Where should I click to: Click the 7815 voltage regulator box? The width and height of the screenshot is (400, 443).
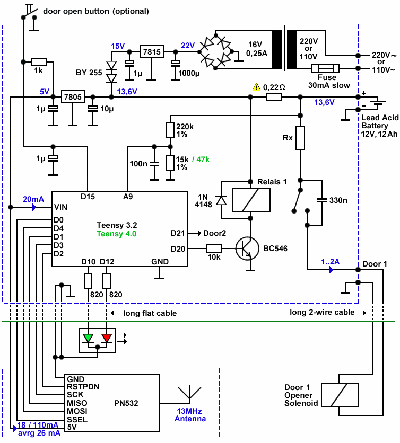[x=152, y=52]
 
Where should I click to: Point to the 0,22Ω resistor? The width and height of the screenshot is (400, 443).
[x=274, y=97]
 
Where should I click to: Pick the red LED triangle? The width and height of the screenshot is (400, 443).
[x=107, y=337]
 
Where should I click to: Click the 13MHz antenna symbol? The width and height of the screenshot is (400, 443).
[x=189, y=394]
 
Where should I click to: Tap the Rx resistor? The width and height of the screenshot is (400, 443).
[x=300, y=138]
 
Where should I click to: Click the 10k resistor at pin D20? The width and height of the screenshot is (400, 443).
[x=214, y=248]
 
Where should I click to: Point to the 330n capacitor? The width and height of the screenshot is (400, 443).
[x=321, y=200]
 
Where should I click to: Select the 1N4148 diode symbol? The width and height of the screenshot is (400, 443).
[x=222, y=200]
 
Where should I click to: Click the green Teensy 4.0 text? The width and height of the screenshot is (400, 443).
[x=116, y=233]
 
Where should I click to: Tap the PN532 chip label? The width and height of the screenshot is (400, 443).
[x=126, y=403]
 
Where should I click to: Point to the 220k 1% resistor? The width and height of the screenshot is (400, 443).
[x=170, y=130]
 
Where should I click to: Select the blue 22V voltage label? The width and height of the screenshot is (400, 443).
[x=188, y=46]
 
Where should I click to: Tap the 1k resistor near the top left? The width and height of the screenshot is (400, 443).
[x=39, y=61]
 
